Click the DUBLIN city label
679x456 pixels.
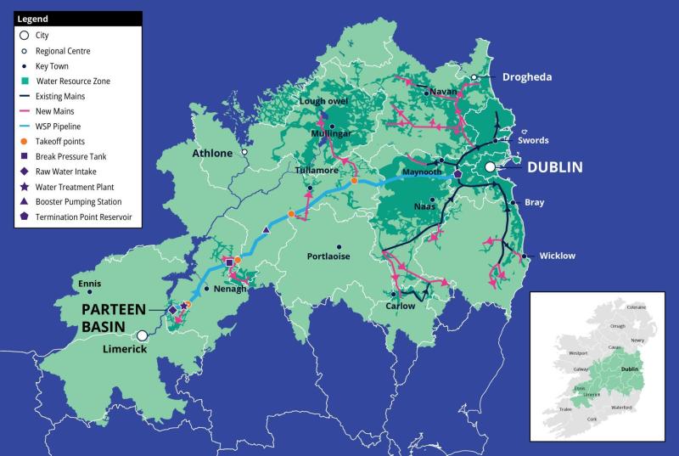pos(554,167)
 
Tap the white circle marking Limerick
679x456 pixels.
pos(143,335)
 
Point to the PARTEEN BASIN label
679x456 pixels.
pos(114,317)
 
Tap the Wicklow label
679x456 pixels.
pos(557,256)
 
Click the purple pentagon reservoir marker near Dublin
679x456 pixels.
pos(457,172)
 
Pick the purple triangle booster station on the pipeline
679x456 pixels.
pos(267,230)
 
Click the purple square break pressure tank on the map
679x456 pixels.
pos(227,262)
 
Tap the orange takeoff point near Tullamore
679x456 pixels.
pos(291,214)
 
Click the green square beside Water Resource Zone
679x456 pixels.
pos(25,82)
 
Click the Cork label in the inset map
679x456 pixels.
pos(592,419)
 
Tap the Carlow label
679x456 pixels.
pos(400,306)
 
